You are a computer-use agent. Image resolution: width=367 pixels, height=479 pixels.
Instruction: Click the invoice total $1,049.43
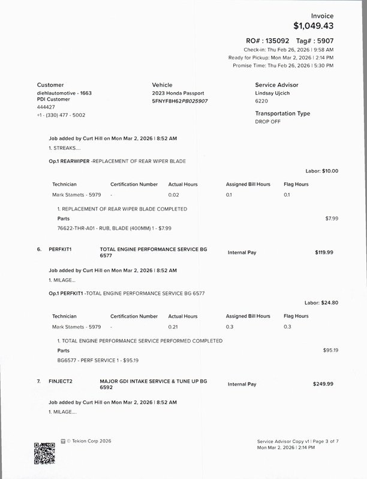click(314, 26)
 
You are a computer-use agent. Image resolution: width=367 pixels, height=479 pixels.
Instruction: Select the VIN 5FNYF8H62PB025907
click(180, 101)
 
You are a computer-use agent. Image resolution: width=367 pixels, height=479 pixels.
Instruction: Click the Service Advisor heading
click(276, 85)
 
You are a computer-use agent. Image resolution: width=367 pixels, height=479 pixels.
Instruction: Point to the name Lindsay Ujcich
click(273, 94)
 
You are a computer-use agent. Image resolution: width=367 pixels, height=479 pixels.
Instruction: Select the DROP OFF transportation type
click(267, 121)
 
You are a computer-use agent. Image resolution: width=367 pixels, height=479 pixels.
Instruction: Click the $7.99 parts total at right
click(332, 218)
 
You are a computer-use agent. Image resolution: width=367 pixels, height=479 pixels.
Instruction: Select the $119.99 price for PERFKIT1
click(324, 252)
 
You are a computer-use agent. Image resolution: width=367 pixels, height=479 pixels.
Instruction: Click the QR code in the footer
click(44, 453)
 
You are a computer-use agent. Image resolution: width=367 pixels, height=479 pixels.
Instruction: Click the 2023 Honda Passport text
click(178, 94)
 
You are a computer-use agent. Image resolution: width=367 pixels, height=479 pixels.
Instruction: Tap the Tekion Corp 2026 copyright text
click(89, 441)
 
